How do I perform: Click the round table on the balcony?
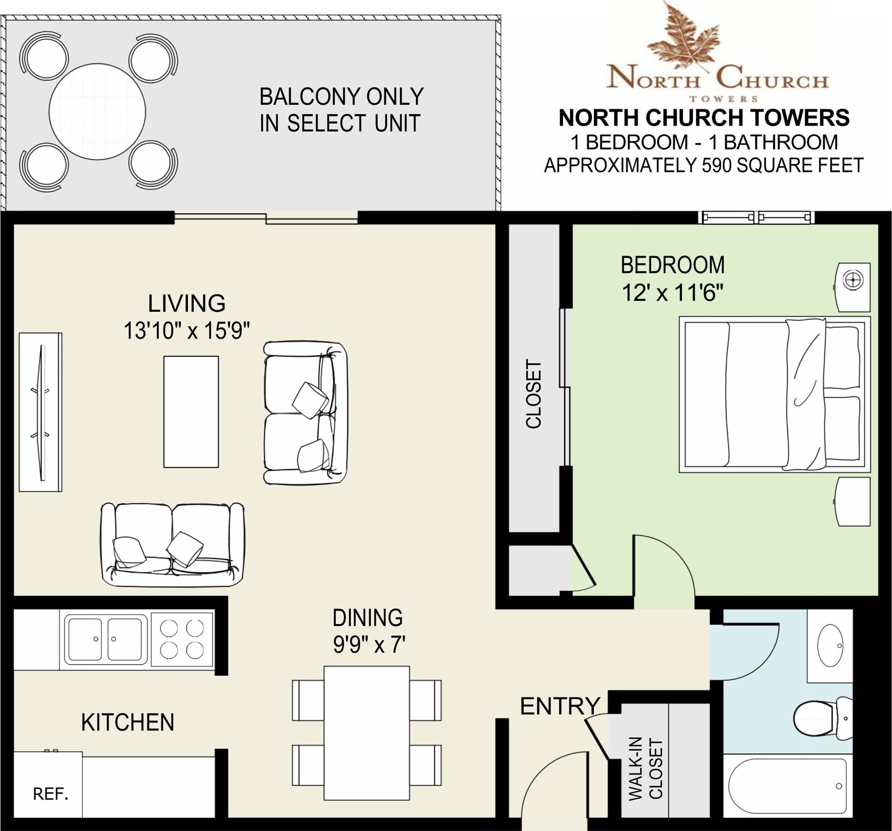pyautogui.click(x=97, y=112)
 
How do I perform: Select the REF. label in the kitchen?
pyautogui.click(x=51, y=794)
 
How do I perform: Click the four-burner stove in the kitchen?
pyautogui.click(x=182, y=639)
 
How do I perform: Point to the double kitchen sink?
pyautogui.click(x=105, y=639)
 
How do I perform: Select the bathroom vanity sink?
pyautogui.click(x=830, y=645)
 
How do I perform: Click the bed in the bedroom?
pyautogui.click(x=775, y=394)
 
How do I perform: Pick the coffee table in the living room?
pyautogui.click(x=191, y=412)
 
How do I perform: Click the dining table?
pyautogui.click(x=367, y=733)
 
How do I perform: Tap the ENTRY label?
pyautogui.click(x=560, y=706)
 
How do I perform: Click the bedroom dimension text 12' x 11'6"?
pyautogui.click(x=672, y=292)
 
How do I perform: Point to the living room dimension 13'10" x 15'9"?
pyautogui.click(x=186, y=330)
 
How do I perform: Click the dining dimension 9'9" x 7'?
pyautogui.click(x=368, y=645)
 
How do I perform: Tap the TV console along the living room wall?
pyautogui.click(x=40, y=412)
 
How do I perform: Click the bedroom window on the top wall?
pyautogui.click(x=756, y=217)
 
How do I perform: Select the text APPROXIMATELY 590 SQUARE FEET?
pyautogui.click(x=704, y=165)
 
